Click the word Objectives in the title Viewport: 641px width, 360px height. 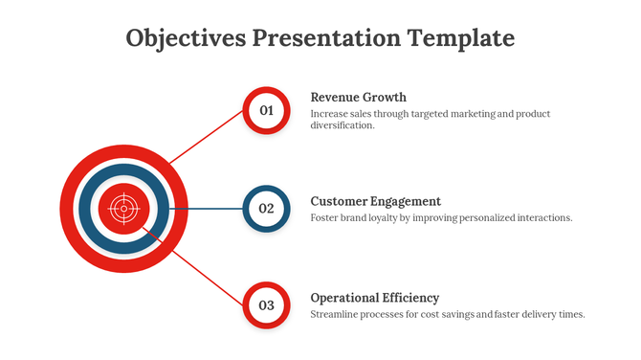(x=185, y=38)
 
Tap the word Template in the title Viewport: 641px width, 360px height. (x=461, y=38)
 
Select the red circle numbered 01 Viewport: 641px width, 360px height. (x=267, y=110)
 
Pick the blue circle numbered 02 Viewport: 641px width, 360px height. (x=267, y=208)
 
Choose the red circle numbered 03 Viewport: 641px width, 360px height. (x=267, y=305)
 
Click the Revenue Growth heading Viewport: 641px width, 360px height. (x=359, y=97)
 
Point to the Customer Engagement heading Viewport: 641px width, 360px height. (x=376, y=201)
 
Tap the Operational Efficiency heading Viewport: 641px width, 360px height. (x=375, y=298)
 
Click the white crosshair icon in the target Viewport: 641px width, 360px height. (x=122, y=208)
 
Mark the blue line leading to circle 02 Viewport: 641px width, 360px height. (x=206, y=208)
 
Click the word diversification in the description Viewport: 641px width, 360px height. (x=342, y=125)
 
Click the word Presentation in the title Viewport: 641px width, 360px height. (x=324, y=38)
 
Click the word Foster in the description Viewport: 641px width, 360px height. (x=326, y=217)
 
